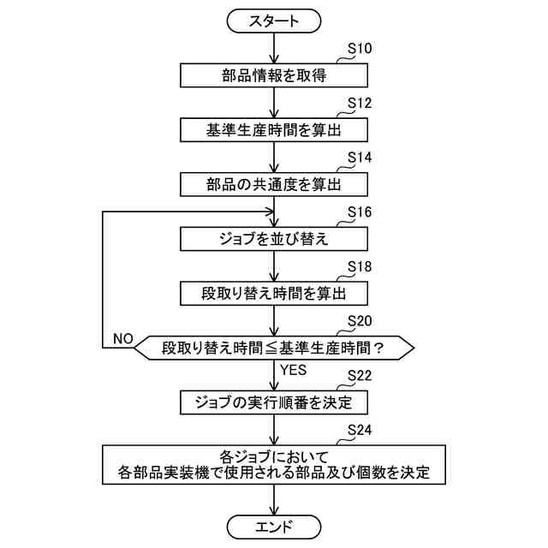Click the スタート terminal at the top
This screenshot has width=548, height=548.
[274, 20]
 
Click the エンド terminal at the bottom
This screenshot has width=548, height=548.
[274, 526]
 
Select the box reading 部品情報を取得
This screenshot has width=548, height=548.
[274, 75]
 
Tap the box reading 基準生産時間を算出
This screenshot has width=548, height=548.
[274, 129]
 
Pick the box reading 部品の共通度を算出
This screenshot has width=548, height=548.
[274, 184]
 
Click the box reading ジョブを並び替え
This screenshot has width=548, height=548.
[274, 238]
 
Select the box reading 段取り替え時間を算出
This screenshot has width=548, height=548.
[274, 293]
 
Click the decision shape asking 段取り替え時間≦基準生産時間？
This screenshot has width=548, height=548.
[274, 347]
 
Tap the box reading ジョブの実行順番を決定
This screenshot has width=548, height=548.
[274, 401]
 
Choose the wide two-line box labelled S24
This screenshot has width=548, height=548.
[274, 463]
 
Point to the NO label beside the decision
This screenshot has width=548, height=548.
[122, 338]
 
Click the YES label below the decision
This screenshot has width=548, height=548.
[293, 370]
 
